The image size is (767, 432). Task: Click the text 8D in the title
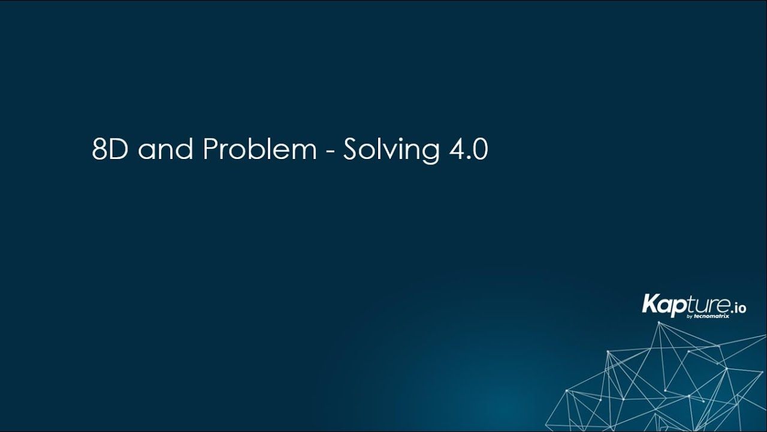coord(111,150)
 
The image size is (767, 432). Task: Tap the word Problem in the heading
coord(259,150)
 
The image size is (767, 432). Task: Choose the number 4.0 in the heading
coord(466,150)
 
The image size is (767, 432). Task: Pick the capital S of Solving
coord(351,150)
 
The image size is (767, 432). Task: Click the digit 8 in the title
coord(99,150)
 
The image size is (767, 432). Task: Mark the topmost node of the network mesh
coord(659,323)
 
